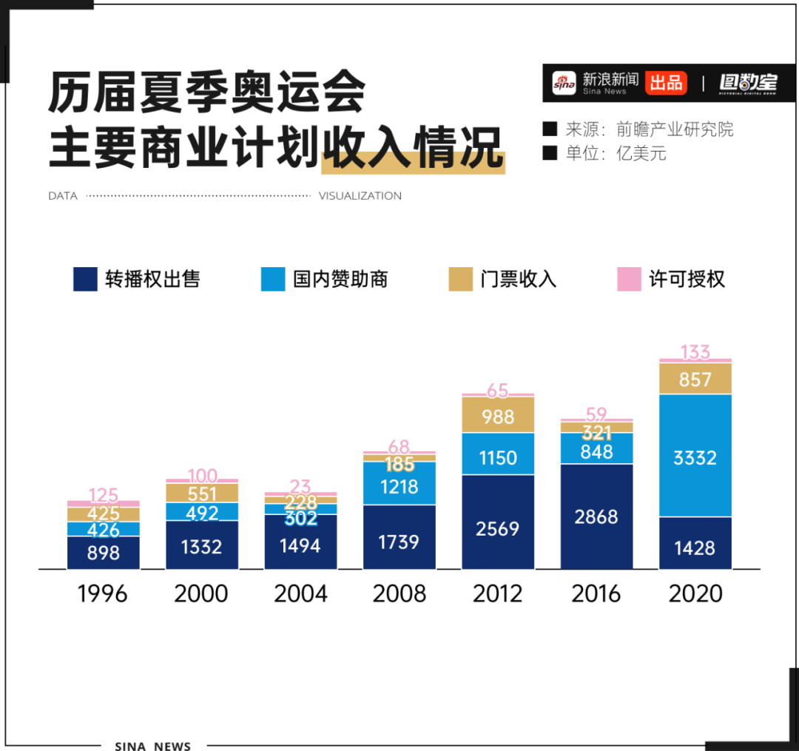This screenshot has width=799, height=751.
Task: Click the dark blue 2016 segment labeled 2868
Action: point(596,516)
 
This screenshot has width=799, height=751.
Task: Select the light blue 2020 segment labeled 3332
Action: point(695,456)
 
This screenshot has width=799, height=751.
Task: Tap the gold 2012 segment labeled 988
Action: point(498,416)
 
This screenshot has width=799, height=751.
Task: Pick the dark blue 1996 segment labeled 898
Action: point(103,552)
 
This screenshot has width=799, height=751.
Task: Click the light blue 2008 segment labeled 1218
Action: point(399,485)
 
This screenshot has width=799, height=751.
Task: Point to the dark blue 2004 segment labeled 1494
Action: point(300,544)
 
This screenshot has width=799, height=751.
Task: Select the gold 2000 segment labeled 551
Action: point(202,494)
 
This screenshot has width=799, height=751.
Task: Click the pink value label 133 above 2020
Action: point(695,351)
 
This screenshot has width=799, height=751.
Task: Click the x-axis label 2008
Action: point(399,593)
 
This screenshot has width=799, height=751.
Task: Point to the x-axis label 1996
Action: point(103,593)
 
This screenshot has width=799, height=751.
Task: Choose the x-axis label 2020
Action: point(695,593)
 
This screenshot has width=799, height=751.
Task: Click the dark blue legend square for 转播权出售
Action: point(85,279)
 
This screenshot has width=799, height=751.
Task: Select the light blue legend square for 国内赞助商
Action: point(273,279)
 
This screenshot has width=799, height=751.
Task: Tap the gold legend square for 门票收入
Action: point(460,279)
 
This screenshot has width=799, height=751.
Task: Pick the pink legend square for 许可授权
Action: point(629,279)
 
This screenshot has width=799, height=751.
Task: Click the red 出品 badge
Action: point(666,83)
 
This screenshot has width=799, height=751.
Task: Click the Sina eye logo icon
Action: point(564,83)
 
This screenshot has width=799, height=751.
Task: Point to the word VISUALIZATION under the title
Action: point(360,196)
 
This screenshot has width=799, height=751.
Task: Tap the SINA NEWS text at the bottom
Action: point(153,745)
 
